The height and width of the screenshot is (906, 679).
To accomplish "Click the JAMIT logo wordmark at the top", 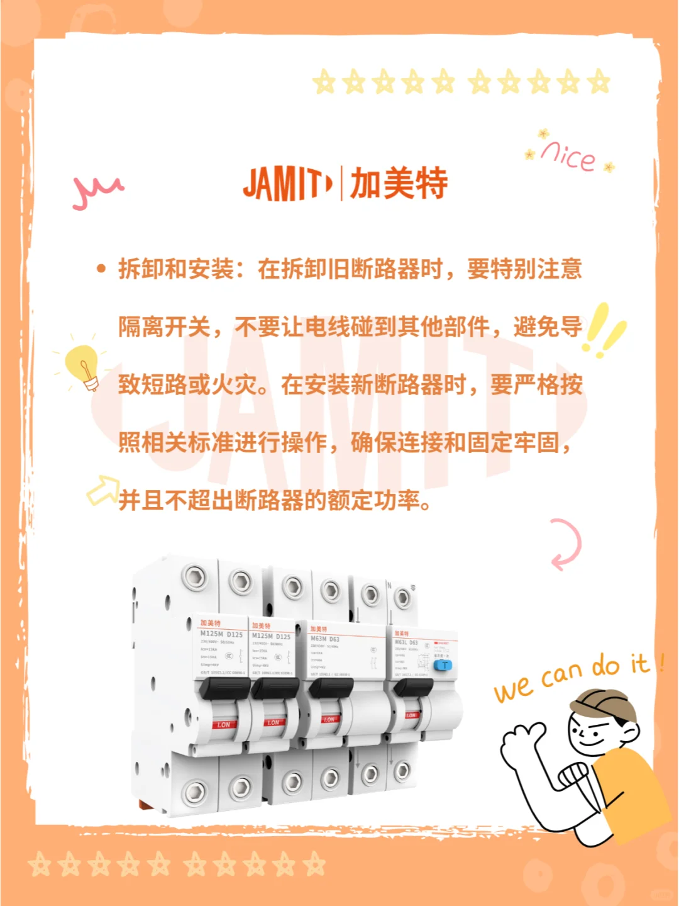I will tap(287, 184).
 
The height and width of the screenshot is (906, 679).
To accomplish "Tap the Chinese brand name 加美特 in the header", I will tap(399, 184).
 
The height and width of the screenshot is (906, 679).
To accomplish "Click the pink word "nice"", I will tap(568, 155).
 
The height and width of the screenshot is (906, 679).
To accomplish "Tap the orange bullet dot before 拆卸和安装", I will tap(101, 269).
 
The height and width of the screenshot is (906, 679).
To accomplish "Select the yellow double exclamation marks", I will tap(604, 330).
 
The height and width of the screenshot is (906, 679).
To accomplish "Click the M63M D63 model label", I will tap(325, 639).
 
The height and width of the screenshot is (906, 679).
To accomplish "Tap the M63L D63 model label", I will tap(406, 642).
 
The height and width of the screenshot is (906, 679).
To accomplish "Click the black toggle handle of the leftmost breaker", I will tap(224, 689).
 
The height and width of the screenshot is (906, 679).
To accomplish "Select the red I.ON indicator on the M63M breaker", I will tap(329, 719).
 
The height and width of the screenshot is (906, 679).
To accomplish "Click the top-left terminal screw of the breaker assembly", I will tap(194, 576).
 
